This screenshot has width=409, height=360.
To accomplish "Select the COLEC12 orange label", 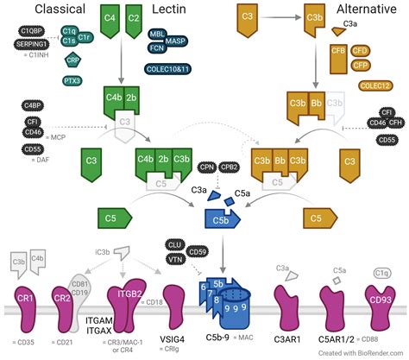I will pos(377,85).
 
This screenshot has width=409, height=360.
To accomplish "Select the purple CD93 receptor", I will pos(380,302).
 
